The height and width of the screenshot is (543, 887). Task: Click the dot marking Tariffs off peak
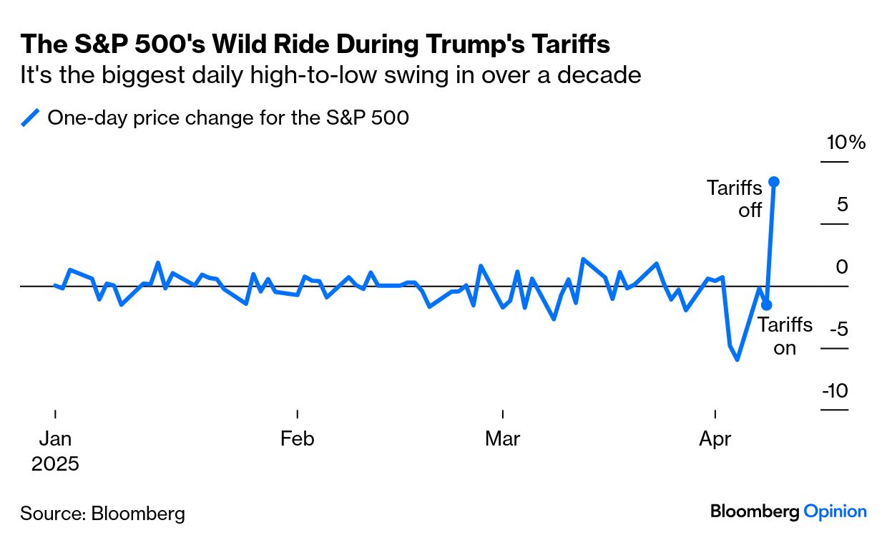tap(774, 182)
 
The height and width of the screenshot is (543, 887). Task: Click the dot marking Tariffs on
tap(767, 304)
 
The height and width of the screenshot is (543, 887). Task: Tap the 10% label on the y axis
tap(846, 143)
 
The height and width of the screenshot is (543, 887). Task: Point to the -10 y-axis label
tap(835, 391)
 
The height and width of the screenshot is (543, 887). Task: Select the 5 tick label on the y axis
tap(842, 205)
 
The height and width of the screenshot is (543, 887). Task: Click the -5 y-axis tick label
tap(837, 330)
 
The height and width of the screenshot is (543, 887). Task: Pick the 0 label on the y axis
tap(842, 267)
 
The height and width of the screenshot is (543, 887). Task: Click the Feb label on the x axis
tap(297, 438)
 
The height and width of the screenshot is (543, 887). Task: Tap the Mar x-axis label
tap(502, 438)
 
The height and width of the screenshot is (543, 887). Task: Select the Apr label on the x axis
tap(715, 438)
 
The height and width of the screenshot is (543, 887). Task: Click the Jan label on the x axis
tap(54, 438)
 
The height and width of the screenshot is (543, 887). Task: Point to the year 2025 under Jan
tap(55, 463)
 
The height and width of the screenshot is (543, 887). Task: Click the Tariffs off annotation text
tap(735, 198)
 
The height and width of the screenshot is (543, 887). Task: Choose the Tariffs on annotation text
tap(785, 337)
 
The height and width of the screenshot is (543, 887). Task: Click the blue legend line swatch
tap(31, 117)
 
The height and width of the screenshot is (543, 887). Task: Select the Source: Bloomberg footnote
tap(102, 513)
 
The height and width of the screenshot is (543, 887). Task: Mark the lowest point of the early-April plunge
tap(737, 359)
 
